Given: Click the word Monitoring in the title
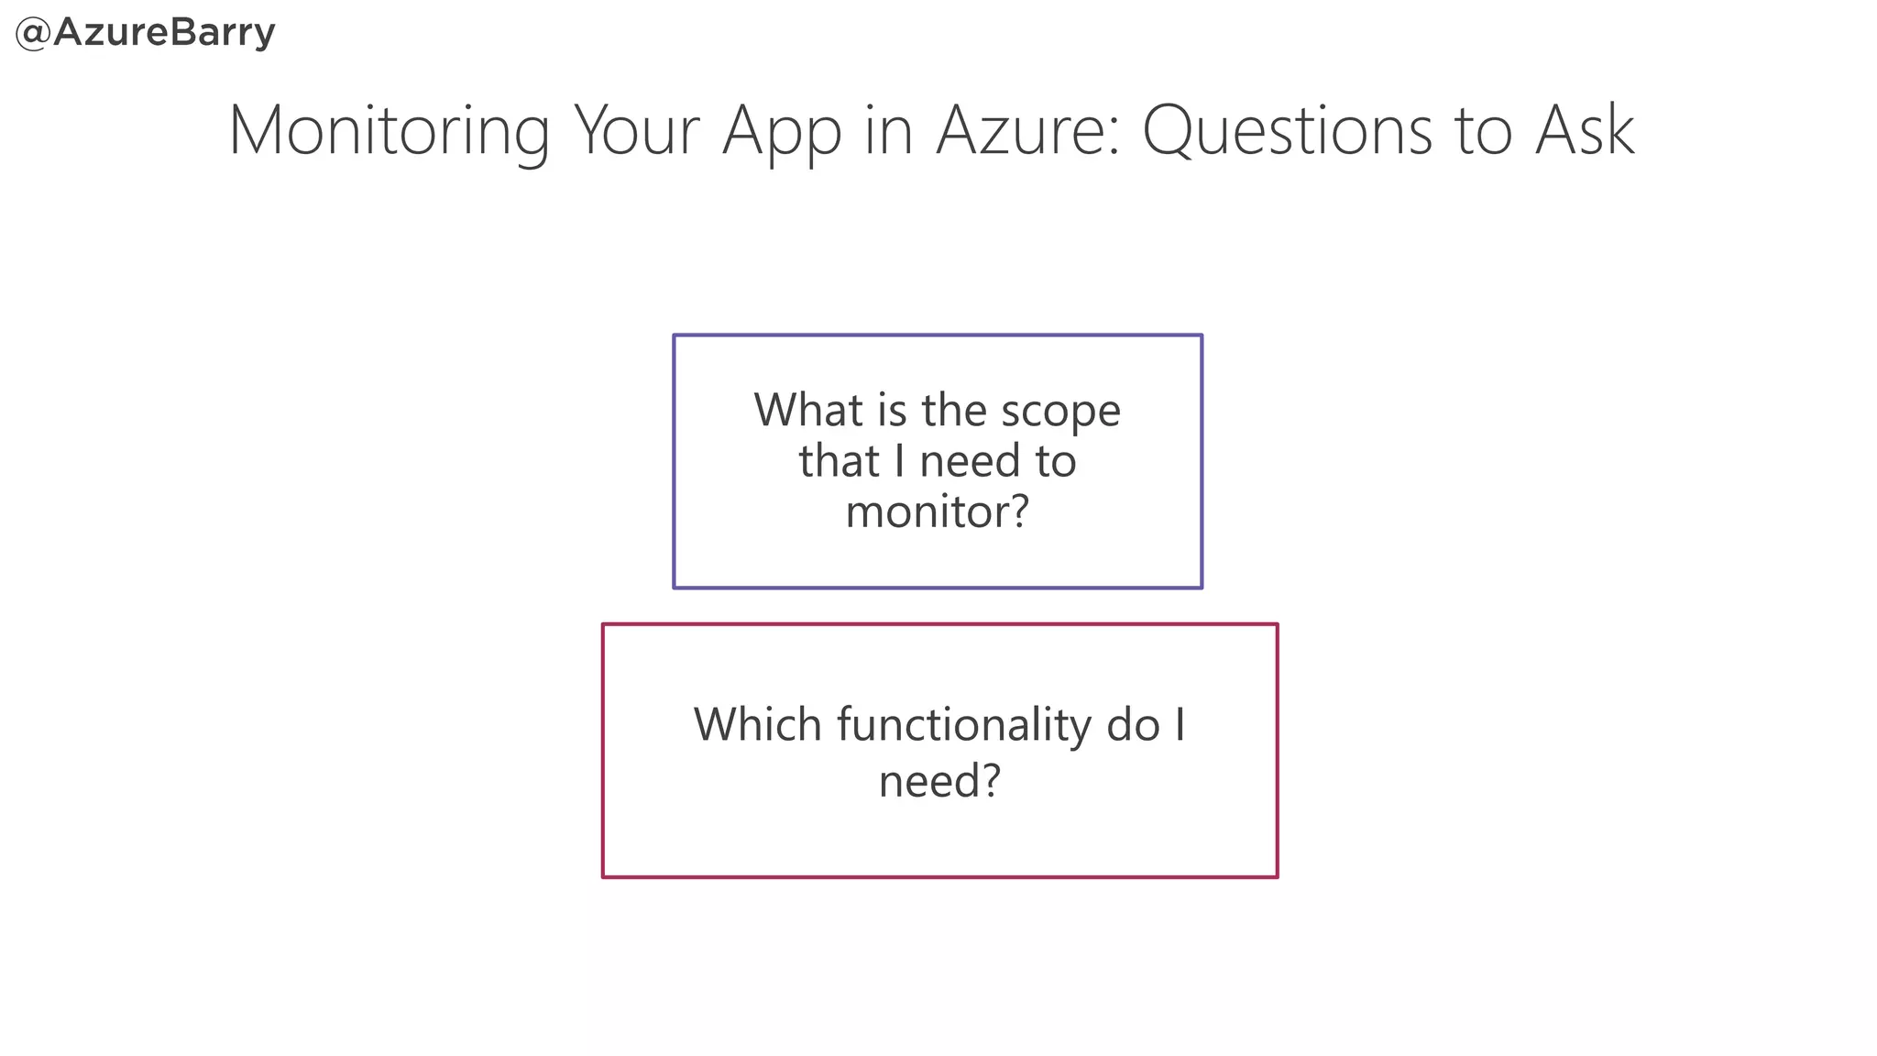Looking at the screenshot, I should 389,130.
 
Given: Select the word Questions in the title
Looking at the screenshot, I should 1288,130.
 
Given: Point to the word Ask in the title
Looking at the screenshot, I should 1585,130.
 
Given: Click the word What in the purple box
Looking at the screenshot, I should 807,410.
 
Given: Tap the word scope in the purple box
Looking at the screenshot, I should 1060,412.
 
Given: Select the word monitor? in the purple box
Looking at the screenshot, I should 938,511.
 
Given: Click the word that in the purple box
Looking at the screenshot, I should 839,460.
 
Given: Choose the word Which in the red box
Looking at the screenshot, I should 757,725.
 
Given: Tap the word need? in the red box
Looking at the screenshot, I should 939,781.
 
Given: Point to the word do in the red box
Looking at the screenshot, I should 1134,725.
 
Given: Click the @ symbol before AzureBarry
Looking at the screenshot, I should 33,34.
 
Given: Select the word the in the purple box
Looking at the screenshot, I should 954,410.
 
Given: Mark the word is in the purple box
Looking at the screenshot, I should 892,410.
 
